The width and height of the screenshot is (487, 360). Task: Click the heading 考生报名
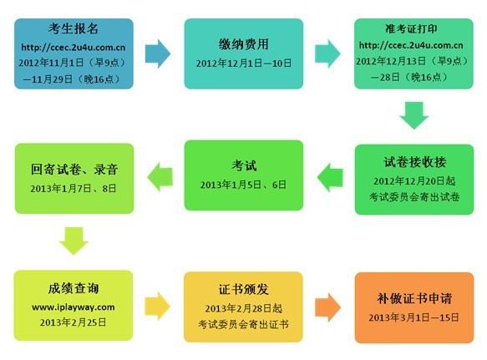pos(74,28)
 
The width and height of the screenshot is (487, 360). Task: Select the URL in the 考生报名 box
pos(74,48)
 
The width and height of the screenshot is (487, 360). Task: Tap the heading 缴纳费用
pos(244,44)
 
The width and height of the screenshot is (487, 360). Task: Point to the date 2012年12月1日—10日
pos(244,63)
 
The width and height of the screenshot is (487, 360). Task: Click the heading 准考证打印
pos(411,28)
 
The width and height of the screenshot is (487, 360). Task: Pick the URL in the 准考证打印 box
pos(411,45)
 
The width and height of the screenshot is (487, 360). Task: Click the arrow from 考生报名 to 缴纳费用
pos(158,53)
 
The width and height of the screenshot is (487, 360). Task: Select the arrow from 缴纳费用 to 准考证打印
pos(327,53)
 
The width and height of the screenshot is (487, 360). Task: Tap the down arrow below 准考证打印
pos(414,115)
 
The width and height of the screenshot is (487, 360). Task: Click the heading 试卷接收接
pos(414,162)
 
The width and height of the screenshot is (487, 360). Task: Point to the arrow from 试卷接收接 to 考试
pos(330,177)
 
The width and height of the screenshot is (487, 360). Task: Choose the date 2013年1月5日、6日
pos(243,185)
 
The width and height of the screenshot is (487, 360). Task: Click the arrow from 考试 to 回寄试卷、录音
pos(160,177)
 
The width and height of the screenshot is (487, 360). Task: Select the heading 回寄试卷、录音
pos(74,170)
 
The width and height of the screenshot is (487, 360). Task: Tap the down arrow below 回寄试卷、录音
pos(74,241)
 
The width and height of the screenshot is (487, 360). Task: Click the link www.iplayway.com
pos(74,307)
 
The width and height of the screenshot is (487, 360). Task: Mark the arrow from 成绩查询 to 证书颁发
pos(158,306)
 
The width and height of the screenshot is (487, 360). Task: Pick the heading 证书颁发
pos(244,289)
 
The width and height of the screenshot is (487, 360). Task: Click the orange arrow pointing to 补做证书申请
pos(328,307)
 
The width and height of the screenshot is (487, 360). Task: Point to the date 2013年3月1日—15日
pos(413,317)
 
